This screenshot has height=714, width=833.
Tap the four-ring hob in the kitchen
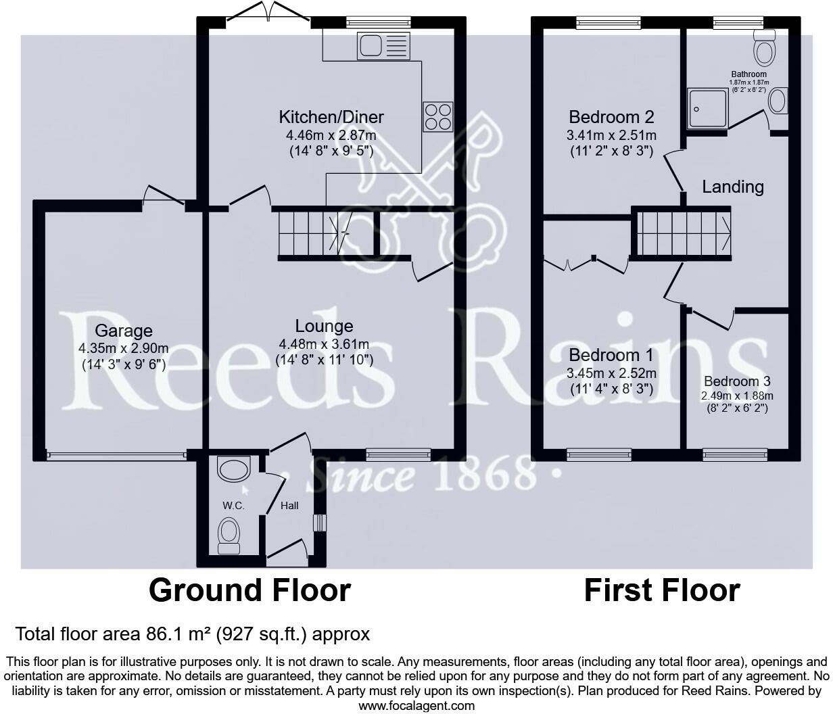437,116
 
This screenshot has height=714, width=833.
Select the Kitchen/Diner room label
331,117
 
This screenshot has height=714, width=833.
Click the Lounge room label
324,327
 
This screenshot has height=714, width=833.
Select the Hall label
289,506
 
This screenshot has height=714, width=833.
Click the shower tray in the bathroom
707,108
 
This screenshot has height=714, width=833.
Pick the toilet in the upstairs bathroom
765,47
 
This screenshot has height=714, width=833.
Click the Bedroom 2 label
611,117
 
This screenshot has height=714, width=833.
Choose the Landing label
732,187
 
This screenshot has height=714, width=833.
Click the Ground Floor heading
249,590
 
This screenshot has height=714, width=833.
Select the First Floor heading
661,590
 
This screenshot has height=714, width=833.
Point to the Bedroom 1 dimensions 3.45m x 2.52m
611,373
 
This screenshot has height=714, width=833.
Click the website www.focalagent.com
416,706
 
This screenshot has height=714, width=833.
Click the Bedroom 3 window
735,454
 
